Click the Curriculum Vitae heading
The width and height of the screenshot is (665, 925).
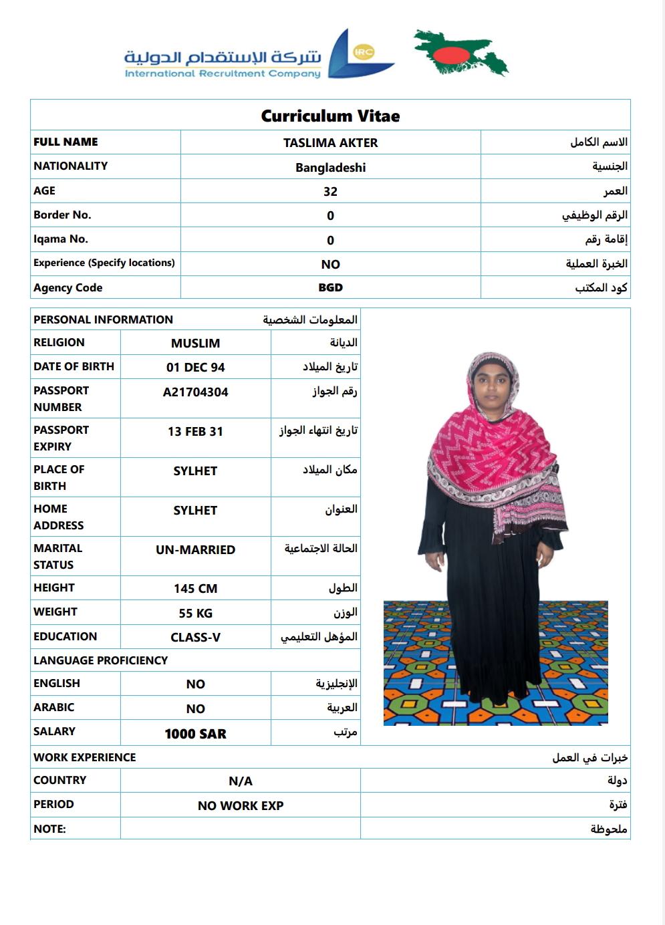tap(330, 116)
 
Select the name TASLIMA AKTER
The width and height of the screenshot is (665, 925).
tap(330, 142)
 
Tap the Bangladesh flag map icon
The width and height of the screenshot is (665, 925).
tap(460, 52)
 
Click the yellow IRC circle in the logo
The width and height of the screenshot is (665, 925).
tap(364, 51)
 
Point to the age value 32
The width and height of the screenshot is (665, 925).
tap(330, 191)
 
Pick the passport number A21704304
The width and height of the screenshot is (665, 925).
tap(195, 392)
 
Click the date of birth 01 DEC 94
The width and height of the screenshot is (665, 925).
tap(195, 367)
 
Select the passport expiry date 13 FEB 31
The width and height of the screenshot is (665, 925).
tap(195, 432)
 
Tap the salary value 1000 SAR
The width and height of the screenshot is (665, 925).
tap(195, 734)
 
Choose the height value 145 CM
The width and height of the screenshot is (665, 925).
tap(195, 589)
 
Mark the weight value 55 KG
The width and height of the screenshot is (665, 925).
tap(195, 613)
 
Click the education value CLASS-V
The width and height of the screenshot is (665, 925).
tap(195, 638)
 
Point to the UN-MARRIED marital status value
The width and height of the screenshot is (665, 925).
tap(195, 550)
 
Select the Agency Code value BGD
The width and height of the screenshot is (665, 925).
tap(330, 287)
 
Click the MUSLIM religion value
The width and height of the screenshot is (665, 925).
tap(195, 343)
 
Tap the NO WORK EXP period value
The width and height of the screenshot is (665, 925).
tap(241, 806)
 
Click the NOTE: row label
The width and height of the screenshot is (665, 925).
tap(49, 829)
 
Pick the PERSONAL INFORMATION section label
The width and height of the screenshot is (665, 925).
tap(103, 319)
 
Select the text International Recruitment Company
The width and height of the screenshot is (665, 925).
tap(223, 74)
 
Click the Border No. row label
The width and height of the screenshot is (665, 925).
tap(62, 215)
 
